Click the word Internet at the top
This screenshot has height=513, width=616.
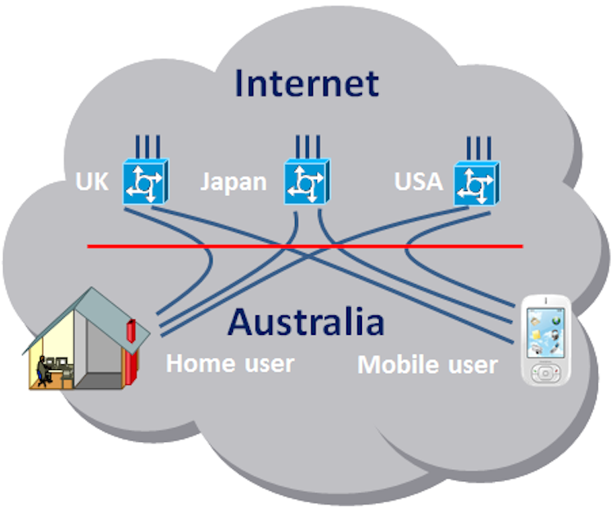coord(306,83)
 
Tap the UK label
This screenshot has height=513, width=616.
coord(92,181)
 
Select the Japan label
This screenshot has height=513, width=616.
coord(234,183)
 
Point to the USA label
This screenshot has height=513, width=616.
coord(419,181)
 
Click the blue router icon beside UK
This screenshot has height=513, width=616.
coord(145,181)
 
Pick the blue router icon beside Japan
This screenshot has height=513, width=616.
coord(307,181)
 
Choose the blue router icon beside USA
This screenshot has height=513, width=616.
coord(477,184)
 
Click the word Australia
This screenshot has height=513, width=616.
coord(306,322)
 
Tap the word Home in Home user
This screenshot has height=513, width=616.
coord(200,364)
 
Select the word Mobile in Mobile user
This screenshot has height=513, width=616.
coord(398,364)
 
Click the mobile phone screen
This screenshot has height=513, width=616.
coord(546,332)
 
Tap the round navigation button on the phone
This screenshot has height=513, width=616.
coord(546,373)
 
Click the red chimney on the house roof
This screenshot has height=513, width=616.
coord(131,331)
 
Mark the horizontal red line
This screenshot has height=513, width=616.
coord(305,246)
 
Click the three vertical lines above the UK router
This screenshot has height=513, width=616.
coord(147,147)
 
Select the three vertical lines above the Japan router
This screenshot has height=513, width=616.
coord(308,147)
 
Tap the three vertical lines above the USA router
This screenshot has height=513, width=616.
coord(479,149)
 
